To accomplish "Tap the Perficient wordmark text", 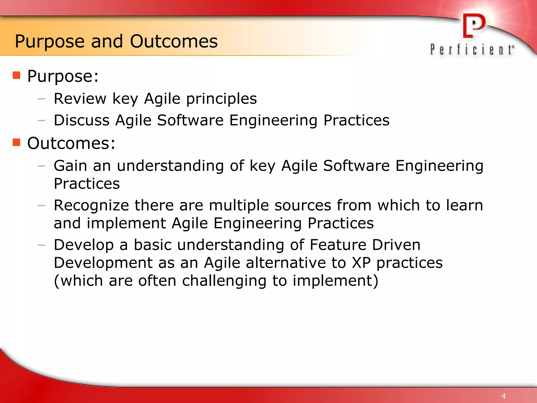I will [x=472, y=50].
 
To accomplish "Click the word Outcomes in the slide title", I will [x=174, y=41].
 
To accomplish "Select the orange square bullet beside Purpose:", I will [x=17, y=75].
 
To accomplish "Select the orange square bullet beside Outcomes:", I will [x=17, y=142].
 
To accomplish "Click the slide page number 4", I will [x=503, y=396].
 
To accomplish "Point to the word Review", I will [x=80, y=99].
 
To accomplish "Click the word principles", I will [x=221, y=99].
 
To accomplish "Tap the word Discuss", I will [x=82, y=120].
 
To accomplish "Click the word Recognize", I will [x=91, y=205].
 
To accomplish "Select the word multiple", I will [x=239, y=205].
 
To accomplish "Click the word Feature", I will [x=338, y=245].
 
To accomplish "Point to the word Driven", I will [x=396, y=245].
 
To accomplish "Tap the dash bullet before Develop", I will [x=41, y=245].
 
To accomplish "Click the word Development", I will [x=103, y=263].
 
